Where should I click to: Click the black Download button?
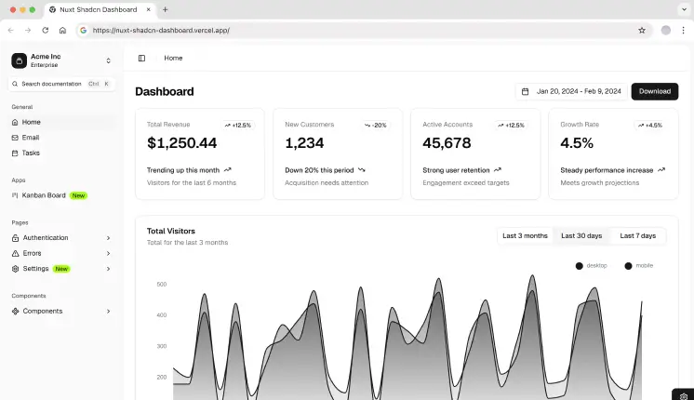click(x=654, y=91)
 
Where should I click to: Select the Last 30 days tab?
click(x=581, y=235)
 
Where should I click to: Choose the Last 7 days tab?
click(x=637, y=235)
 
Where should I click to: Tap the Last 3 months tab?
click(x=525, y=235)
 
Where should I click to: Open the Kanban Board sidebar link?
click(x=45, y=195)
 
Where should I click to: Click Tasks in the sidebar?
click(x=31, y=153)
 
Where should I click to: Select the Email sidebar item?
click(x=31, y=138)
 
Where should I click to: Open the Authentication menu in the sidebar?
click(x=46, y=238)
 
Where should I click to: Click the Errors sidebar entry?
click(x=32, y=253)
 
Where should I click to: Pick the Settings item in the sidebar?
click(x=35, y=269)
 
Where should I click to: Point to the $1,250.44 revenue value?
click(x=181, y=143)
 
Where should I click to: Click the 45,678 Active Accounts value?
click(x=447, y=143)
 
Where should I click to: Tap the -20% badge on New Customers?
click(x=376, y=125)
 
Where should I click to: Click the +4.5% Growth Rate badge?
click(x=649, y=125)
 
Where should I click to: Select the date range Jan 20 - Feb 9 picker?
click(x=571, y=91)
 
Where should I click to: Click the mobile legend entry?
click(x=639, y=266)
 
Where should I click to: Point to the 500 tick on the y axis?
click(x=161, y=284)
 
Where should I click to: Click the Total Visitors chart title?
click(x=171, y=231)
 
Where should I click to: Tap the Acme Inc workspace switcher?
click(x=61, y=60)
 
